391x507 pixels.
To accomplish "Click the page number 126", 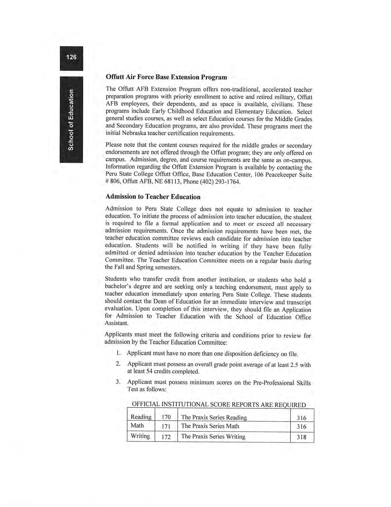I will tap(71, 57).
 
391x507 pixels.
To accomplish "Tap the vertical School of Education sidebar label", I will tap(71, 120).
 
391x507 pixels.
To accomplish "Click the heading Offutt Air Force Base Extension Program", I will tap(166, 77).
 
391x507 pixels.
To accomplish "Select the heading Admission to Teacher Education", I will tap(153, 197).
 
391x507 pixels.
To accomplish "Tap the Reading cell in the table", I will tap(141, 417).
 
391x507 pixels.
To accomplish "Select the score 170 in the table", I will tap(166, 417).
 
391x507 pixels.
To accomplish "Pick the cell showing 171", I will tap(166, 426).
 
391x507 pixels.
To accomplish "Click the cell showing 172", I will tap(166, 437).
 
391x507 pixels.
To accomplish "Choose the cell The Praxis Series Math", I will tap(210, 426).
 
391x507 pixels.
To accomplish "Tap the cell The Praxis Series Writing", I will tap(213, 437).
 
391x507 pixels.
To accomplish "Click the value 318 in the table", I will tap(301, 437).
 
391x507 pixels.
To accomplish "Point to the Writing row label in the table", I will tap(140, 436).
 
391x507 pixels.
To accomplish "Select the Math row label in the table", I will tap(137, 426).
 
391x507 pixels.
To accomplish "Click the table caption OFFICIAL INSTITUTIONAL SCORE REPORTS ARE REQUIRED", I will tap(219, 405).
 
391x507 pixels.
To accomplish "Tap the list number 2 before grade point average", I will tap(118, 364).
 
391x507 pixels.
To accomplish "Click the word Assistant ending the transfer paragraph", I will tap(117, 323).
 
